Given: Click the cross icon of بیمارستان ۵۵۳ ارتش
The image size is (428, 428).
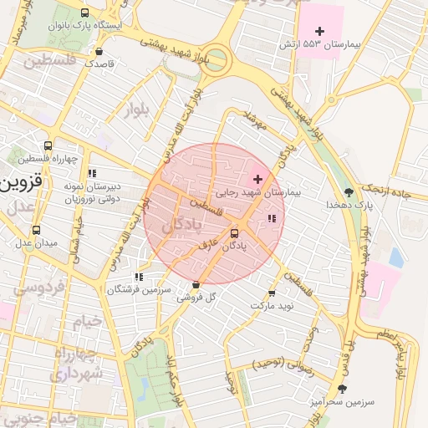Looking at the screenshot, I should coord(320,31).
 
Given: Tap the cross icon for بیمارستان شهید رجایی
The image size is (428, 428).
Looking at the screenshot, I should coord(257,179).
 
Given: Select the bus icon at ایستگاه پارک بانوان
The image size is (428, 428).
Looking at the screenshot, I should coord(84,13).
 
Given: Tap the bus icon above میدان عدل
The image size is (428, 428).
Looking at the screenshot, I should coord(36,230).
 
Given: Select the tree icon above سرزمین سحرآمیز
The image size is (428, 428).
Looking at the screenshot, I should coord(341,389).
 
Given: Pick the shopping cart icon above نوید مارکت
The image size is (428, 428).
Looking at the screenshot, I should coord(272,293).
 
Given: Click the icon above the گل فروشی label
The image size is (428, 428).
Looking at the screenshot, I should coord(196,284).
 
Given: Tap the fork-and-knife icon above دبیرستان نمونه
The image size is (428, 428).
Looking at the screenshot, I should coord(91,171).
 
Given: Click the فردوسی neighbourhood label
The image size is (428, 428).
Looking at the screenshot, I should coord(32,288).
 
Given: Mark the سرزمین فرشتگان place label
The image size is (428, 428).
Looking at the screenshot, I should coord(138,288).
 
